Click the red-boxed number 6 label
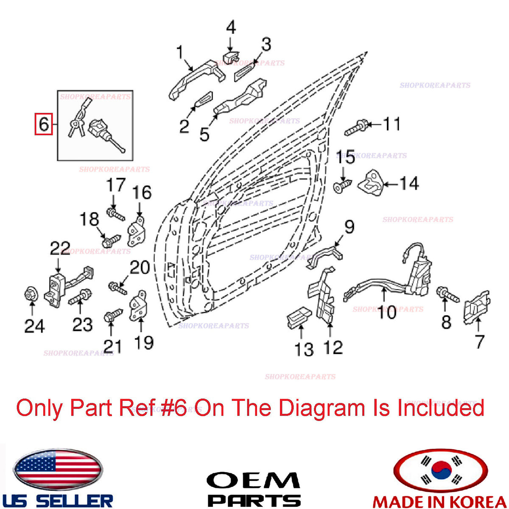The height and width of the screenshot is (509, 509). [x=44, y=124]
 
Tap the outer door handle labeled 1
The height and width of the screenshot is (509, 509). [x=197, y=79]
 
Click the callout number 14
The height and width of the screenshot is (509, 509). [x=409, y=183]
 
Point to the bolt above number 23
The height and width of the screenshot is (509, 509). [x=80, y=297]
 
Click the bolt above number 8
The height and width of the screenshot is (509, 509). [x=447, y=294]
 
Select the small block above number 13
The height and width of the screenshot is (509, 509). [x=299, y=318]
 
